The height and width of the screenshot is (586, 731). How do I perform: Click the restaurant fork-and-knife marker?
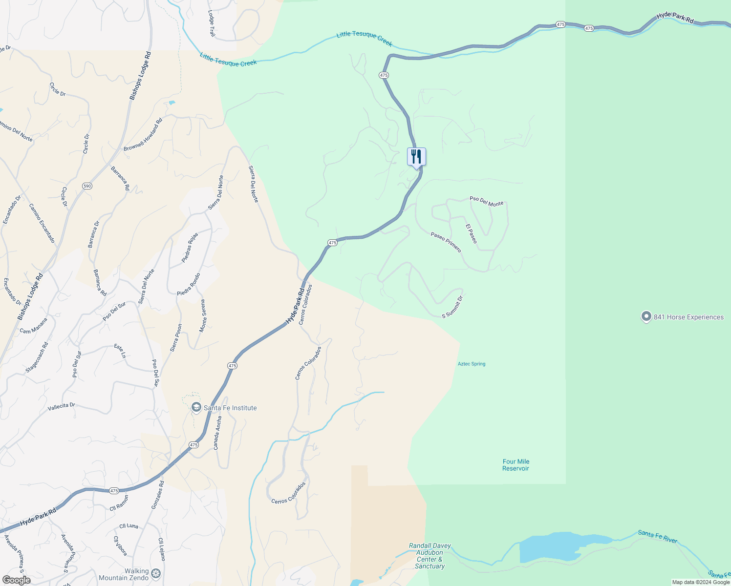(x=416, y=157)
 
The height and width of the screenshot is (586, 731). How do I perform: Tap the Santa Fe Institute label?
(x=230, y=408)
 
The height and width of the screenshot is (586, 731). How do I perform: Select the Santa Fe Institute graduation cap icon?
(x=196, y=408)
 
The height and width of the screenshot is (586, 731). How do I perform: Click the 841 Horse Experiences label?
(x=688, y=317)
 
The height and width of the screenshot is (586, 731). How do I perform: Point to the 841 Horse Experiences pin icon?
(x=646, y=317)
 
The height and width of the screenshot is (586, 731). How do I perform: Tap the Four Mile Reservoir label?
(x=516, y=465)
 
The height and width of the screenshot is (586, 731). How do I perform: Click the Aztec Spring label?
(x=471, y=364)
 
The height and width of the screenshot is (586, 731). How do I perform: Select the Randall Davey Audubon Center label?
(x=430, y=556)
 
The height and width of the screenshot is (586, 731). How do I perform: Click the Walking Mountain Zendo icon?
(x=156, y=573)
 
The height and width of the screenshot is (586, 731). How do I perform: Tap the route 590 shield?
(x=87, y=186)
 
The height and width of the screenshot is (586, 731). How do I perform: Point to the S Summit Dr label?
(x=452, y=307)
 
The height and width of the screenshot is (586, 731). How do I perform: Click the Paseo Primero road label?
(x=446, y=242)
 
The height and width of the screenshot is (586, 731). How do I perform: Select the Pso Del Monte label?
(x=486, y=201)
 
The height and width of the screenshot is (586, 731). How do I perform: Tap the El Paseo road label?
(x=471, y=234)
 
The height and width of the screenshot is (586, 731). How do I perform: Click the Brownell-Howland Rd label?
(x=143, y=134)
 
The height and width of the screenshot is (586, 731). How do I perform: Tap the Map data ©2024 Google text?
(x=700, y=582)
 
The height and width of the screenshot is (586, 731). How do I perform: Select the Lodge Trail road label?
(x=212, y=23)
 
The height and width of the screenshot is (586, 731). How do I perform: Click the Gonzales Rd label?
(x=157, y=495)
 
